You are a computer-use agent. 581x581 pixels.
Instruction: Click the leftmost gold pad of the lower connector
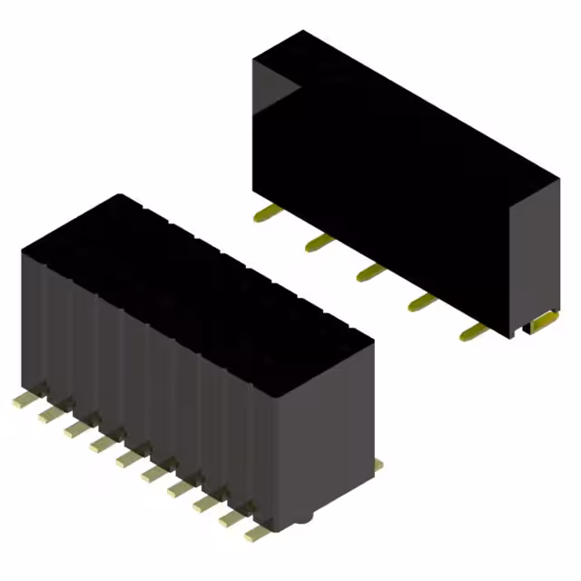(21, 400)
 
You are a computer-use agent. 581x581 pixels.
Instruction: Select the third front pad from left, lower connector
(72, 428)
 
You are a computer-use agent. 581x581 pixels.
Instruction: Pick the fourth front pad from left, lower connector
(97, 443)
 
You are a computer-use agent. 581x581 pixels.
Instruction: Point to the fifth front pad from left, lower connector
(123, 458)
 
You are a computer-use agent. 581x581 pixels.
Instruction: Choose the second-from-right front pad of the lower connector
(227, 518)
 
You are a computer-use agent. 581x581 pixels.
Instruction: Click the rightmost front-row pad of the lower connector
(253, 534)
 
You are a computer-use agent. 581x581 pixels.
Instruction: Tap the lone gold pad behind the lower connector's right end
(379, 465)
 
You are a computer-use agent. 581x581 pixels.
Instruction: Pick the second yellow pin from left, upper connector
(318, 242)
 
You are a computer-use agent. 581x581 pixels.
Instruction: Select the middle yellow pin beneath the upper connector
(369, 271)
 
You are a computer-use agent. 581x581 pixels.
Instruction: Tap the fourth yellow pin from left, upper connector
(420, 301)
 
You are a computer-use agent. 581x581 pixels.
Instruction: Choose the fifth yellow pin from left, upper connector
(471, 332)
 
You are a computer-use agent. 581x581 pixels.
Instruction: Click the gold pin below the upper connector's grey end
(543, 320)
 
